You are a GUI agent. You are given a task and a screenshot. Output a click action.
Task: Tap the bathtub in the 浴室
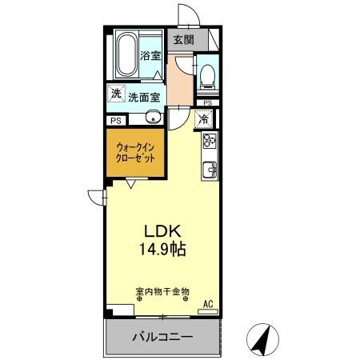click(x=126, y=52)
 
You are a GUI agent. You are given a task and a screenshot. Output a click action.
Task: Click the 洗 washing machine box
click(x=117, y=94)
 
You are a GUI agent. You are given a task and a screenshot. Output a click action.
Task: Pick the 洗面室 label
click(x=144, y=96)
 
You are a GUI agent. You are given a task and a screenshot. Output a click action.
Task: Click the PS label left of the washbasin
click(x=115, y=121)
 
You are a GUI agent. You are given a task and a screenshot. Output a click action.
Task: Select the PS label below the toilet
click(x=207, y=103)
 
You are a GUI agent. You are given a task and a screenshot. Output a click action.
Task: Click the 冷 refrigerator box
click(x=204, y=120)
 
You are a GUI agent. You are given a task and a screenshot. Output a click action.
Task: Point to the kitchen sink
click(x=210, y=169)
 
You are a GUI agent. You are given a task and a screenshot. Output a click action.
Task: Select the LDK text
click(x=161, y=230)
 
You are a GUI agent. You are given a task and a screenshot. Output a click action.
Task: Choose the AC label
click(x=208, y=304)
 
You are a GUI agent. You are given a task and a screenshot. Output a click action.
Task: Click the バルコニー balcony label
click(x=162, y=338)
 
